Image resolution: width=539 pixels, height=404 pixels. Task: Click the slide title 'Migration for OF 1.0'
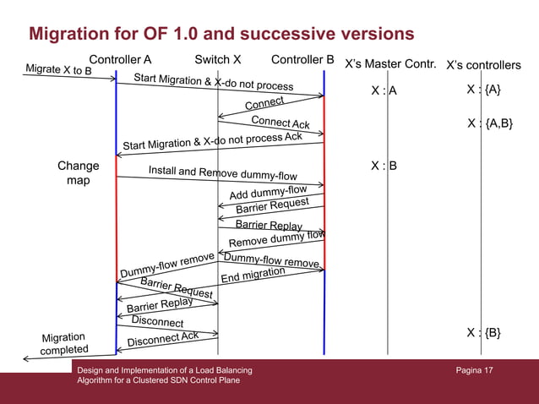click(221, 34)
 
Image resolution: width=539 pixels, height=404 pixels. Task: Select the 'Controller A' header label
click(120, 60)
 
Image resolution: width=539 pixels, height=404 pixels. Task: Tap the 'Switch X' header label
click(218, 60)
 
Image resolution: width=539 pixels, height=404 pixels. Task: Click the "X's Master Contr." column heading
click(390, 64)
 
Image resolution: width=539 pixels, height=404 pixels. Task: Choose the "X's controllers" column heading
click(483, 65)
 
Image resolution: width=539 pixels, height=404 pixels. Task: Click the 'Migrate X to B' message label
click(58, 70)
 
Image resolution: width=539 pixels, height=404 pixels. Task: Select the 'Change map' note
click(78, 173)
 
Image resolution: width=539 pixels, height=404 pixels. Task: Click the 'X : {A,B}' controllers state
click(489, 124)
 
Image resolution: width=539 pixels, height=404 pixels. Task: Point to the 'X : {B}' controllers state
click(483, 332)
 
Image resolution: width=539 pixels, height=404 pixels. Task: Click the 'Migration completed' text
click(63, 344)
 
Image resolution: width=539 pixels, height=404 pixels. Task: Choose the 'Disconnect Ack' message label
click(162, 339)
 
